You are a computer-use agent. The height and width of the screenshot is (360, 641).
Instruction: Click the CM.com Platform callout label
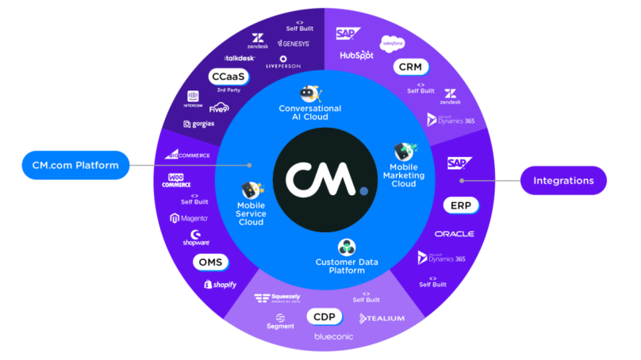(75, 165)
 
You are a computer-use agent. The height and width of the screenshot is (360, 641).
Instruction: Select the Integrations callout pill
(563, 181)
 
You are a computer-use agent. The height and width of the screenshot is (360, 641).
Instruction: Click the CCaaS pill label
(228, 77)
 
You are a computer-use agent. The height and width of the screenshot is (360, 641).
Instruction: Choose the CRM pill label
(410, 67)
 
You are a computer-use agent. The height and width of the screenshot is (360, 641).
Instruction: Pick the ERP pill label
(461, 205)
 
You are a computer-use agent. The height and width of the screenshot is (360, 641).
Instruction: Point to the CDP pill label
(324, 317)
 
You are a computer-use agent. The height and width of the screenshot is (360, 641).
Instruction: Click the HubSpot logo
(356, 56)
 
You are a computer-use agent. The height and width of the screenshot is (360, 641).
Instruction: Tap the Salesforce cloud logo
(393, 43)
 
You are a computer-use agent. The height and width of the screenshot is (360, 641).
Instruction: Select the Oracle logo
(454, 234)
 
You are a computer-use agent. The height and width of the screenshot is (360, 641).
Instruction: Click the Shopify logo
(220, 285)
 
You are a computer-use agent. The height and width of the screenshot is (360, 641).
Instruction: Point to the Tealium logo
(382, 318)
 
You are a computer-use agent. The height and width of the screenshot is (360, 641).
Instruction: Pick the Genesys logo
(291, 44)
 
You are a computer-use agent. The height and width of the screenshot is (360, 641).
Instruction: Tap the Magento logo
(189, 218)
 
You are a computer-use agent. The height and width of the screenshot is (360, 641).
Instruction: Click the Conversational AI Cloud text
(309, 113)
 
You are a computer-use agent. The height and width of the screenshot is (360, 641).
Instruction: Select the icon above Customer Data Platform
(345, 247)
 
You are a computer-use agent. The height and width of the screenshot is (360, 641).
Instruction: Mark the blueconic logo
(333, 337)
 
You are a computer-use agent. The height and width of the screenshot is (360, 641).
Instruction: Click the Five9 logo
(219, 107)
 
